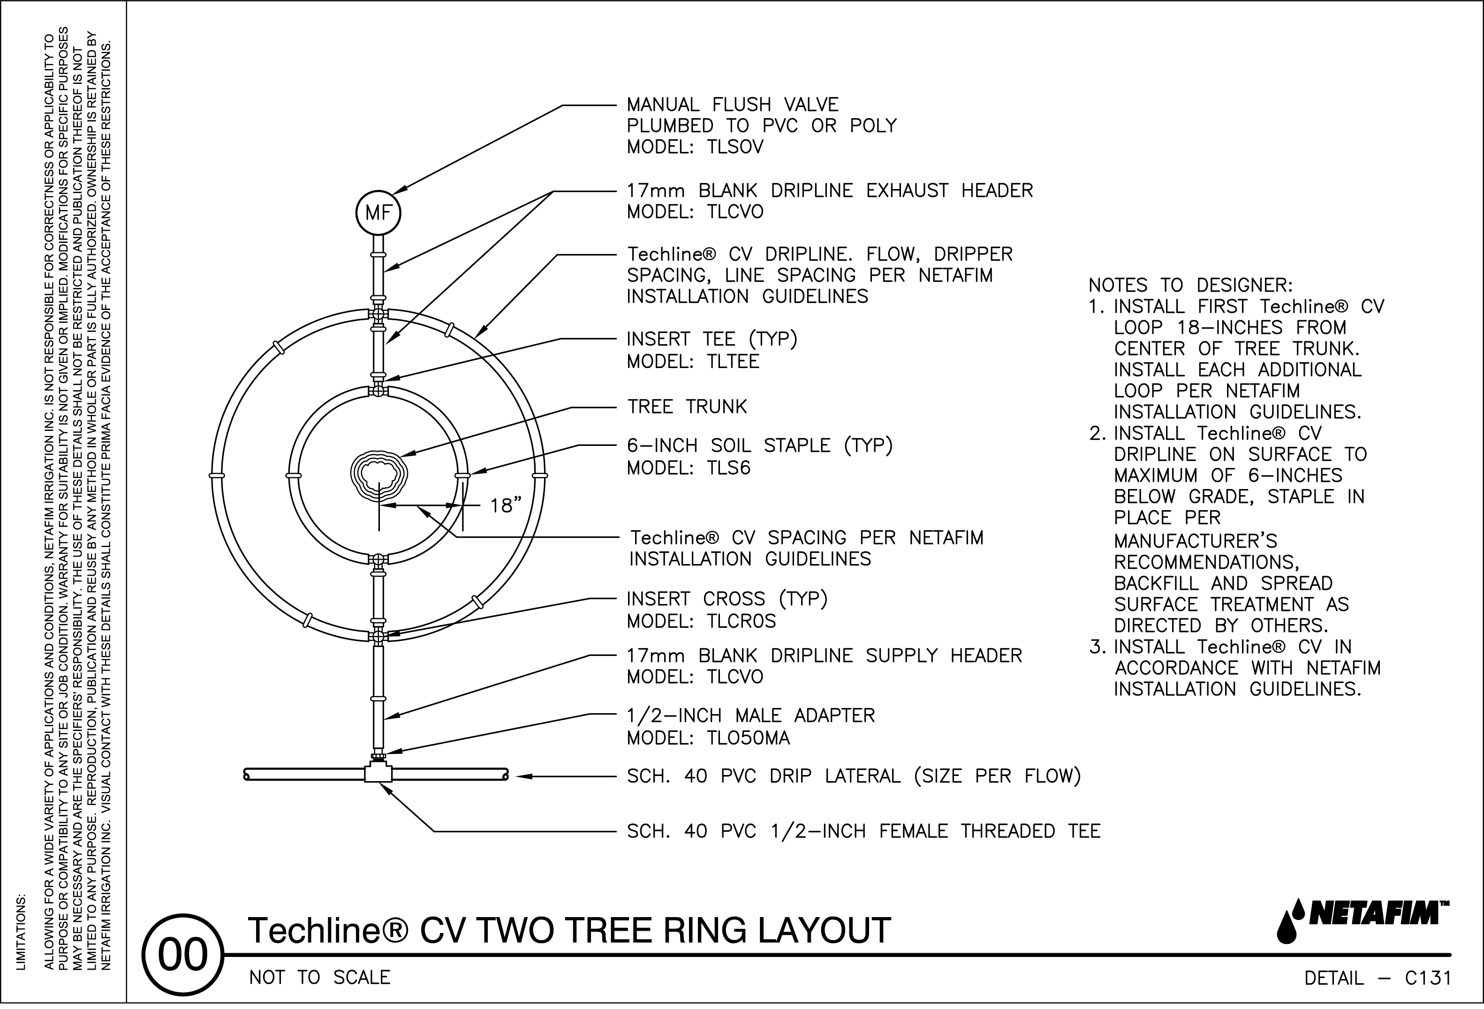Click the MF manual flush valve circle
click(x=378, y=213)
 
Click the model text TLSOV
click(x=735, y=147)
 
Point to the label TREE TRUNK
click(x=687, y=407)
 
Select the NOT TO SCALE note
click(x=319, y=978)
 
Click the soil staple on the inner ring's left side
click(x=294, y=476)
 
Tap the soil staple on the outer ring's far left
click(x=217, y=475)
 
